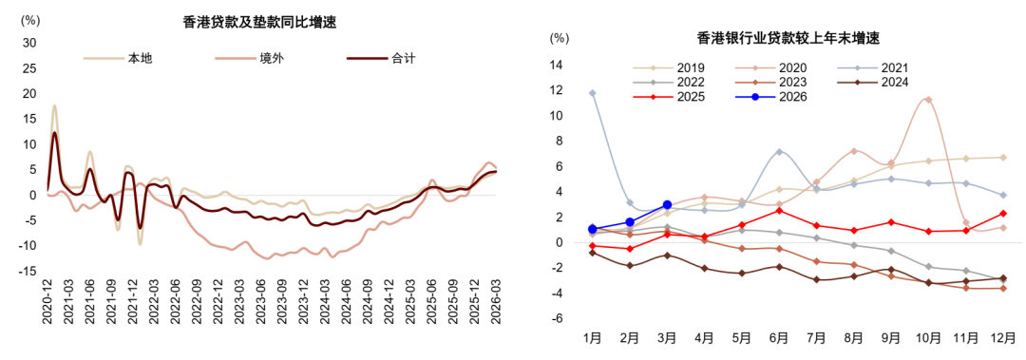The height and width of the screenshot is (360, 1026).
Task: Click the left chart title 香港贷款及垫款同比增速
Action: [x=259, y=22]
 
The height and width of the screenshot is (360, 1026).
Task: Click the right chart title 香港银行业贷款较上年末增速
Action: [x=788, y=38]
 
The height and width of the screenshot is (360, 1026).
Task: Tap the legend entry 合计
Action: [x=381, y=58]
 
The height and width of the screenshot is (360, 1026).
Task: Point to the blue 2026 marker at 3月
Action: [x=667, y=204]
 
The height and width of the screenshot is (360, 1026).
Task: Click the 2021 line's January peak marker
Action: [x=592, y=93]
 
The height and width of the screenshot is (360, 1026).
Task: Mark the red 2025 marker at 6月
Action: [x=779, y=210]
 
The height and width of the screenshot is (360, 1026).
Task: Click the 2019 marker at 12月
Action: [x=1002, y=157]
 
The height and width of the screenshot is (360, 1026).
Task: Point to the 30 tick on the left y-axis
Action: [x=29, y=43]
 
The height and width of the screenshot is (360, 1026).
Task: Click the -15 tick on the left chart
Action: [x=28, y=271]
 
